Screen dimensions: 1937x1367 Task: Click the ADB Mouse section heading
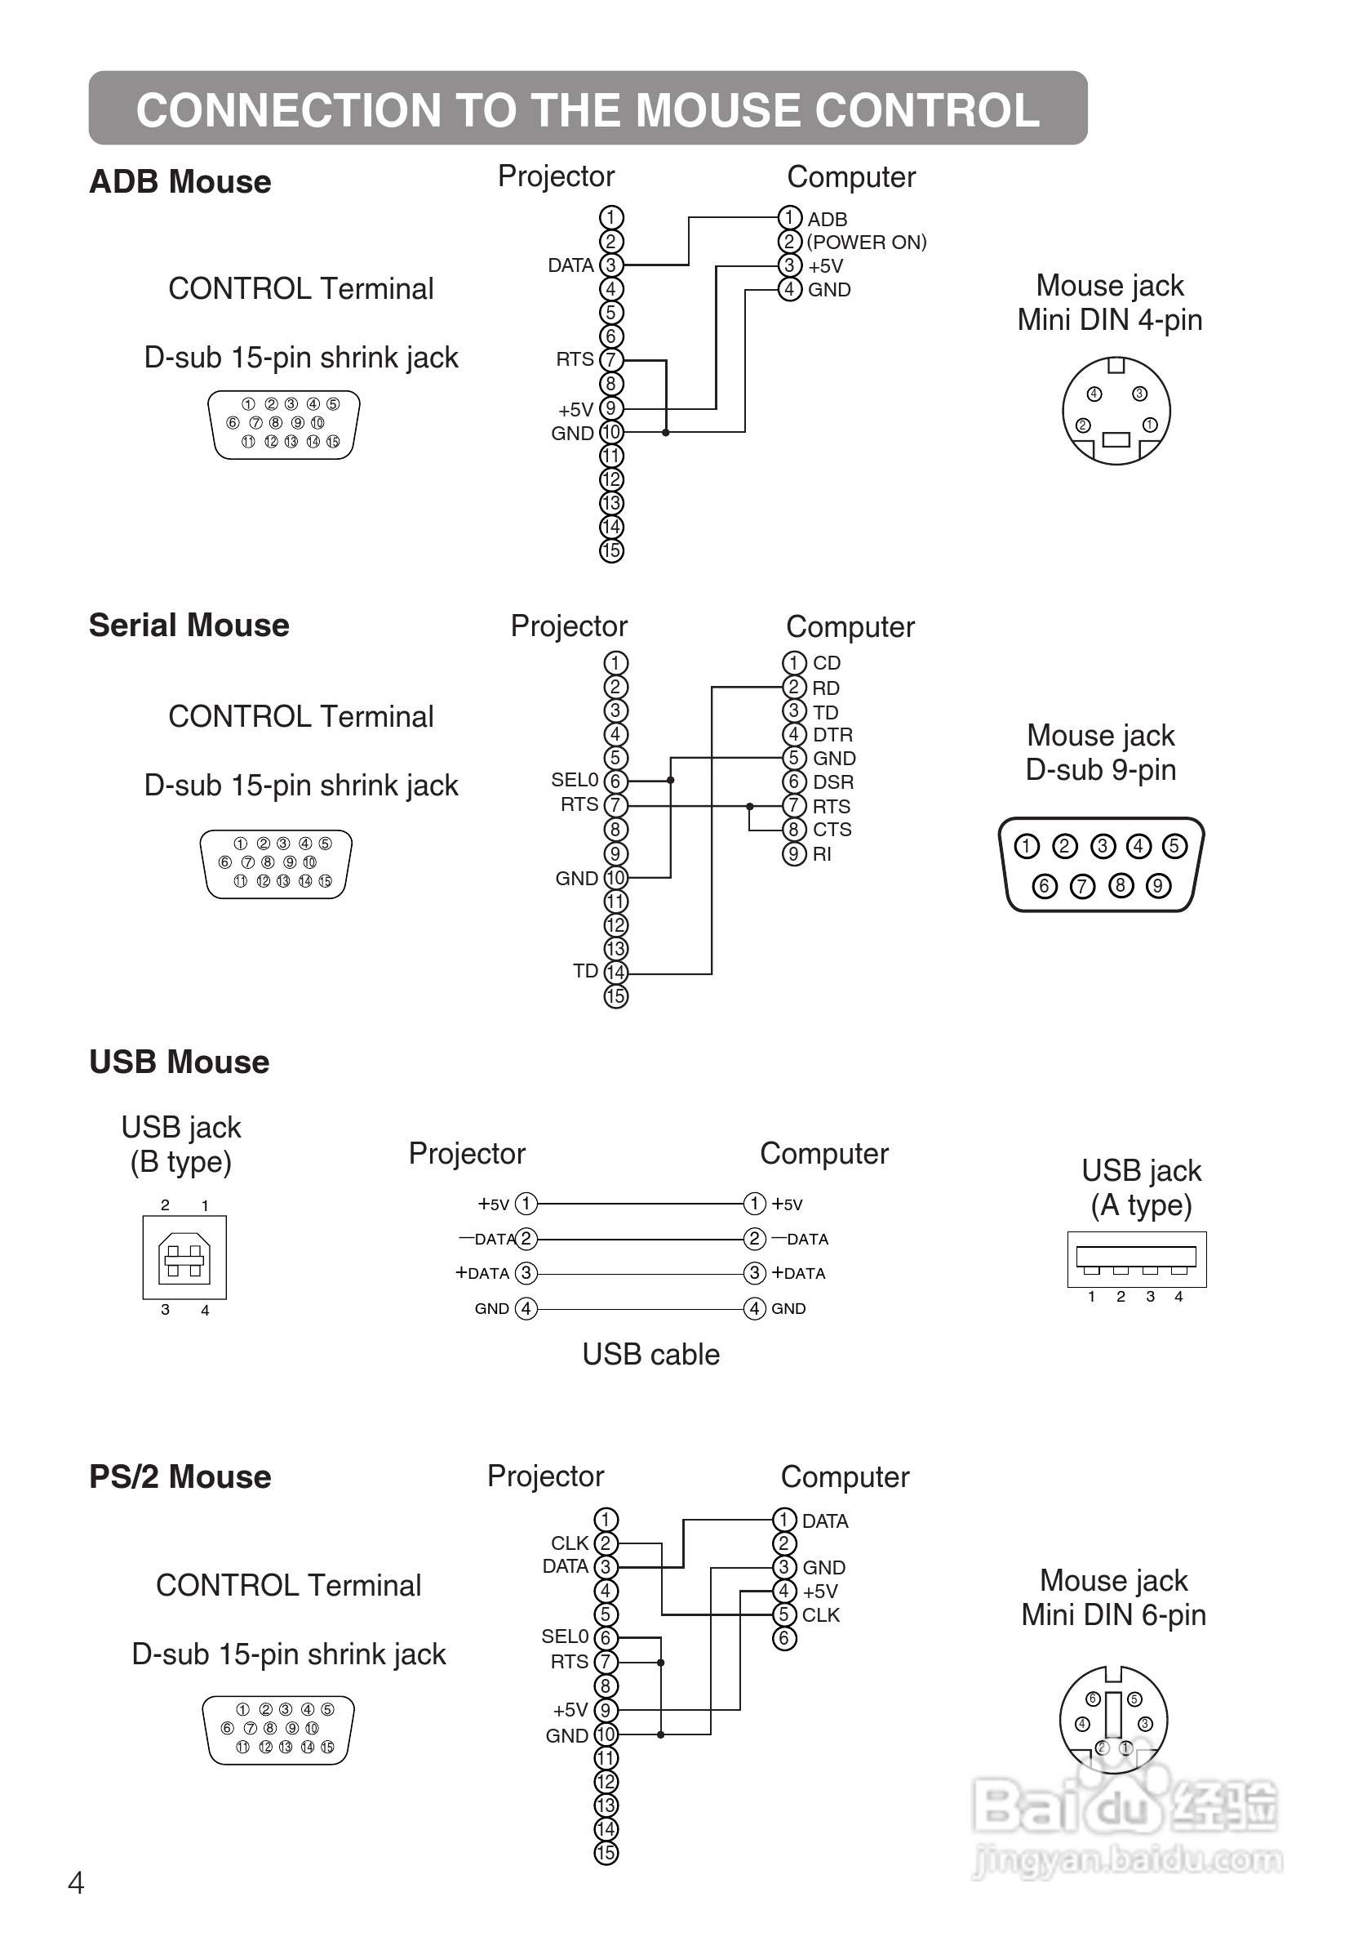(x=180, y=182)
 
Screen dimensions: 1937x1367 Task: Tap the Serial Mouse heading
(x=189, y=626)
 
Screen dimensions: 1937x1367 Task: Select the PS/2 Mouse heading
(x=180, y=1477)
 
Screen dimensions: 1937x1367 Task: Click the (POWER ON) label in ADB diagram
(x=866, y=242)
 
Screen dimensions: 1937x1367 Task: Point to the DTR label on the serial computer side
(x=832, y=735)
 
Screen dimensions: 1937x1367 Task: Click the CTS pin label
(x=832, y=830)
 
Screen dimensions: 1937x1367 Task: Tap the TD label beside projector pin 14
(x=585, y=971)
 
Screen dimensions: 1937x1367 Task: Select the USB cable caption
(x=650, y=1355)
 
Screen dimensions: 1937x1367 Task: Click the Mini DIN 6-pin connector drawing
(x=1113, y=1718)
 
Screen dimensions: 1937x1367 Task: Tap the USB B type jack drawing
(x=184, y=1257)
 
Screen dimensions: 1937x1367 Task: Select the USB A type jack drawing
(x=1136, y=1258)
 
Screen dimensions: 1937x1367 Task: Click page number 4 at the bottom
(x=76, y=1883)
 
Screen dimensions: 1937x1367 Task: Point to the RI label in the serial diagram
(x=821, y=853)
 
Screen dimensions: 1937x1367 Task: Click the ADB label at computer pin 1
(x=827, y=220)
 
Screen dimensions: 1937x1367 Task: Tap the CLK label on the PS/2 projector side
(x=569, y=1543)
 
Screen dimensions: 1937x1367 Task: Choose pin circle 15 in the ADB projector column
(x=610, y=551)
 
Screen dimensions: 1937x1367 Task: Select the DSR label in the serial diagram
(x=832, y=782)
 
